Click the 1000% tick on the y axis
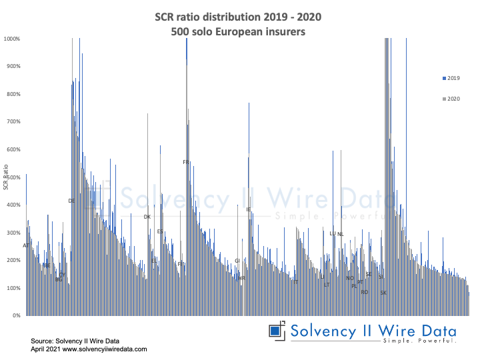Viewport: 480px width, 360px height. click(12, 39)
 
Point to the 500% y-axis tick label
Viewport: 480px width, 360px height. click(13, 177)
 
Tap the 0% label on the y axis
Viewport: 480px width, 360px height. click(16, 315)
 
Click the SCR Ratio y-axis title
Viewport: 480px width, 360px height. click(5, 177)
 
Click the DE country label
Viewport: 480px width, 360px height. click(72, 201)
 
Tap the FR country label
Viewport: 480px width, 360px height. click(187, 162)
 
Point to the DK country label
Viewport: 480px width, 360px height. click(147, 217)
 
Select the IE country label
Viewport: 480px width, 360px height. click(249, 209)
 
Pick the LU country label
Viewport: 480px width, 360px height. click(333, 233)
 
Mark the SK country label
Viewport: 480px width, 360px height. click(383, 293)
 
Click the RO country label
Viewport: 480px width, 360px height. click(364, 292)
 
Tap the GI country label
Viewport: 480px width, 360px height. click(237, 261)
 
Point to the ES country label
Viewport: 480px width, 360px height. click(160, 231)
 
